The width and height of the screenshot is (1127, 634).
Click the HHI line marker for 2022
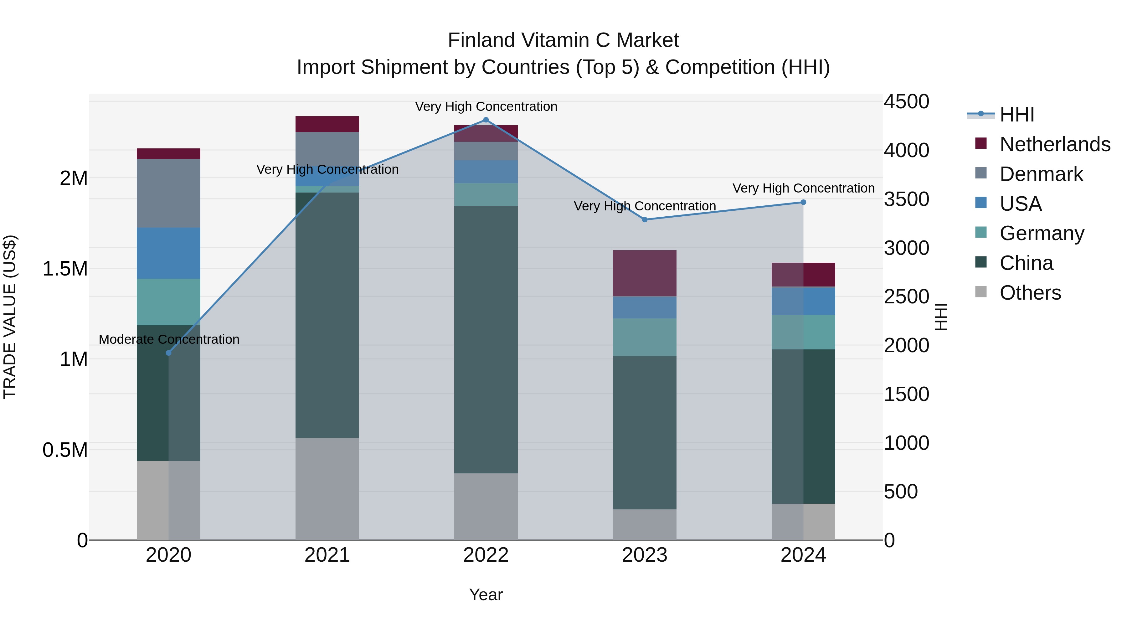(x=486, y=120)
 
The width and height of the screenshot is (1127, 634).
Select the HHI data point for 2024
(x=803, y=202)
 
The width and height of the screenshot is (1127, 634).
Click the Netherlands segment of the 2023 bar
(x=645, y=273)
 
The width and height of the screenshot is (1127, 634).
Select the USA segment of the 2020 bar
(x=168, y=253)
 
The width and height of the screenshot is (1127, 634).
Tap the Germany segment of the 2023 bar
(x=645, y=337)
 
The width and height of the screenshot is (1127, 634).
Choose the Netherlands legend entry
(x=1055, y=144)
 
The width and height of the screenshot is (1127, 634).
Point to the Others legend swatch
(x=981, y=292)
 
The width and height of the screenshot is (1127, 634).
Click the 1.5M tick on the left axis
(x=65, y=269)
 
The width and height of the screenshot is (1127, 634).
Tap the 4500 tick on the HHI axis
(x=906, y=101)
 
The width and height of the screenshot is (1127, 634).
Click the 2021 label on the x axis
(x=327, y=555)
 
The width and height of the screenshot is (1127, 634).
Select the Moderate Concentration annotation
(x=169, y=339)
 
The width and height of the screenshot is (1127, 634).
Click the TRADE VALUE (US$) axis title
(x=10, y=317)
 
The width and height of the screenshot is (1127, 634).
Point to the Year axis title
(x=486, y=595)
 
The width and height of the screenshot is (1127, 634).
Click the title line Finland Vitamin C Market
(x=563, y=40)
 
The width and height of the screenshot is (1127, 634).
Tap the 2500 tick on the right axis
(x=906, y=297)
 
